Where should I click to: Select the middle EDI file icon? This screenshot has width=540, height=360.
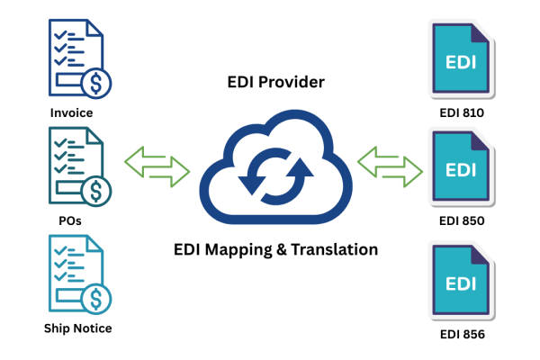pos(461,168)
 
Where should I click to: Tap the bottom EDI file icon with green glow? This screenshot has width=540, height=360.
pos(461,280)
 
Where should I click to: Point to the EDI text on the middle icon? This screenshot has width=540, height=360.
pos(461,169)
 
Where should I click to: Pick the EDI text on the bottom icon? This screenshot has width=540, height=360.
pos(461,283)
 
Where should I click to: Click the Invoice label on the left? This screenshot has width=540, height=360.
pos(71,113)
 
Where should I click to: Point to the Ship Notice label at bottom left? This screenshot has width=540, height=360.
pos(79,328)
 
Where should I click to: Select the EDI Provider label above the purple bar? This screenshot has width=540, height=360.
pos(276,81)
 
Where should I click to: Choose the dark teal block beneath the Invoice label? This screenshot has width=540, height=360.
pos(85,171)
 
